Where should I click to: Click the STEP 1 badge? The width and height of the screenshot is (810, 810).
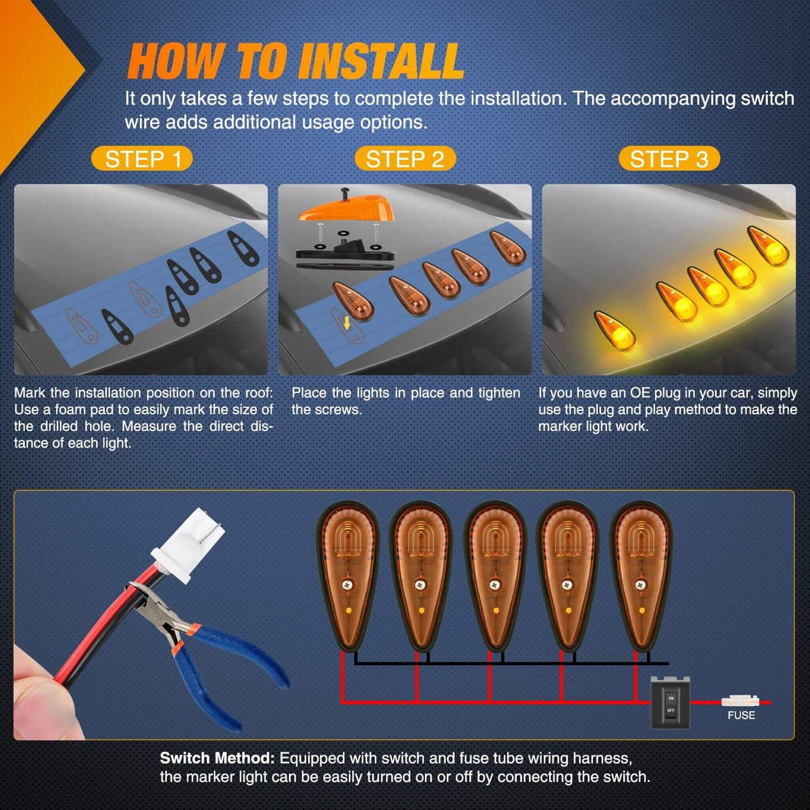[x=142, y=159]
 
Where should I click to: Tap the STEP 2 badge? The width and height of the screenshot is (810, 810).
[x=405, y=159]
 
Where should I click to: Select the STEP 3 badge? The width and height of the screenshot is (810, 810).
[x=669, y=159]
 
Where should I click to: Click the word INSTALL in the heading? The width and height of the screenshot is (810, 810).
[x=381, y=61]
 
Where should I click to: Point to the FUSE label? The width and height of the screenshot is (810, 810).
[x=741, y=715]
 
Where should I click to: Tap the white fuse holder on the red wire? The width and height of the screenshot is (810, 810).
[x=741, y=701]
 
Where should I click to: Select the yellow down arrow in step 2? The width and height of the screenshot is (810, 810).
[x=347, y=323]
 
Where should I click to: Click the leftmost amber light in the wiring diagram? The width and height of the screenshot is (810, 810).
[x=348, y=576]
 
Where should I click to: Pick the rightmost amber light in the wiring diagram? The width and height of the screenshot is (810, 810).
[x=641, y=576]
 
